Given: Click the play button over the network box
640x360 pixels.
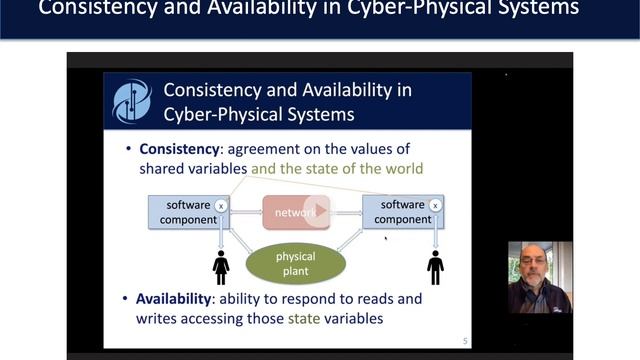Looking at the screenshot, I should click(316, 211).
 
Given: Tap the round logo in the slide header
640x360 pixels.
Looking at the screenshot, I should click(132, 101).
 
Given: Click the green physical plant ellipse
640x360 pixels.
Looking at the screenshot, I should click(295, 262).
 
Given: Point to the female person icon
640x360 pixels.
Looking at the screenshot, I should click(221, 266).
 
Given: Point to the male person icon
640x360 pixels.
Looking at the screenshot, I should click(435, 266).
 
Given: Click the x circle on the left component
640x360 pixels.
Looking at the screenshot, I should click(221, 206).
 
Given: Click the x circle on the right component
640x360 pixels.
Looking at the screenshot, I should click(435, 206).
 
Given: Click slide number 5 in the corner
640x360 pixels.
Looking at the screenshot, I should click(464, 340).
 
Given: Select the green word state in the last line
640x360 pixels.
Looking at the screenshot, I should click(304, 319).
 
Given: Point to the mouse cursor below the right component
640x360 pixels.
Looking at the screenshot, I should click(385, 238).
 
